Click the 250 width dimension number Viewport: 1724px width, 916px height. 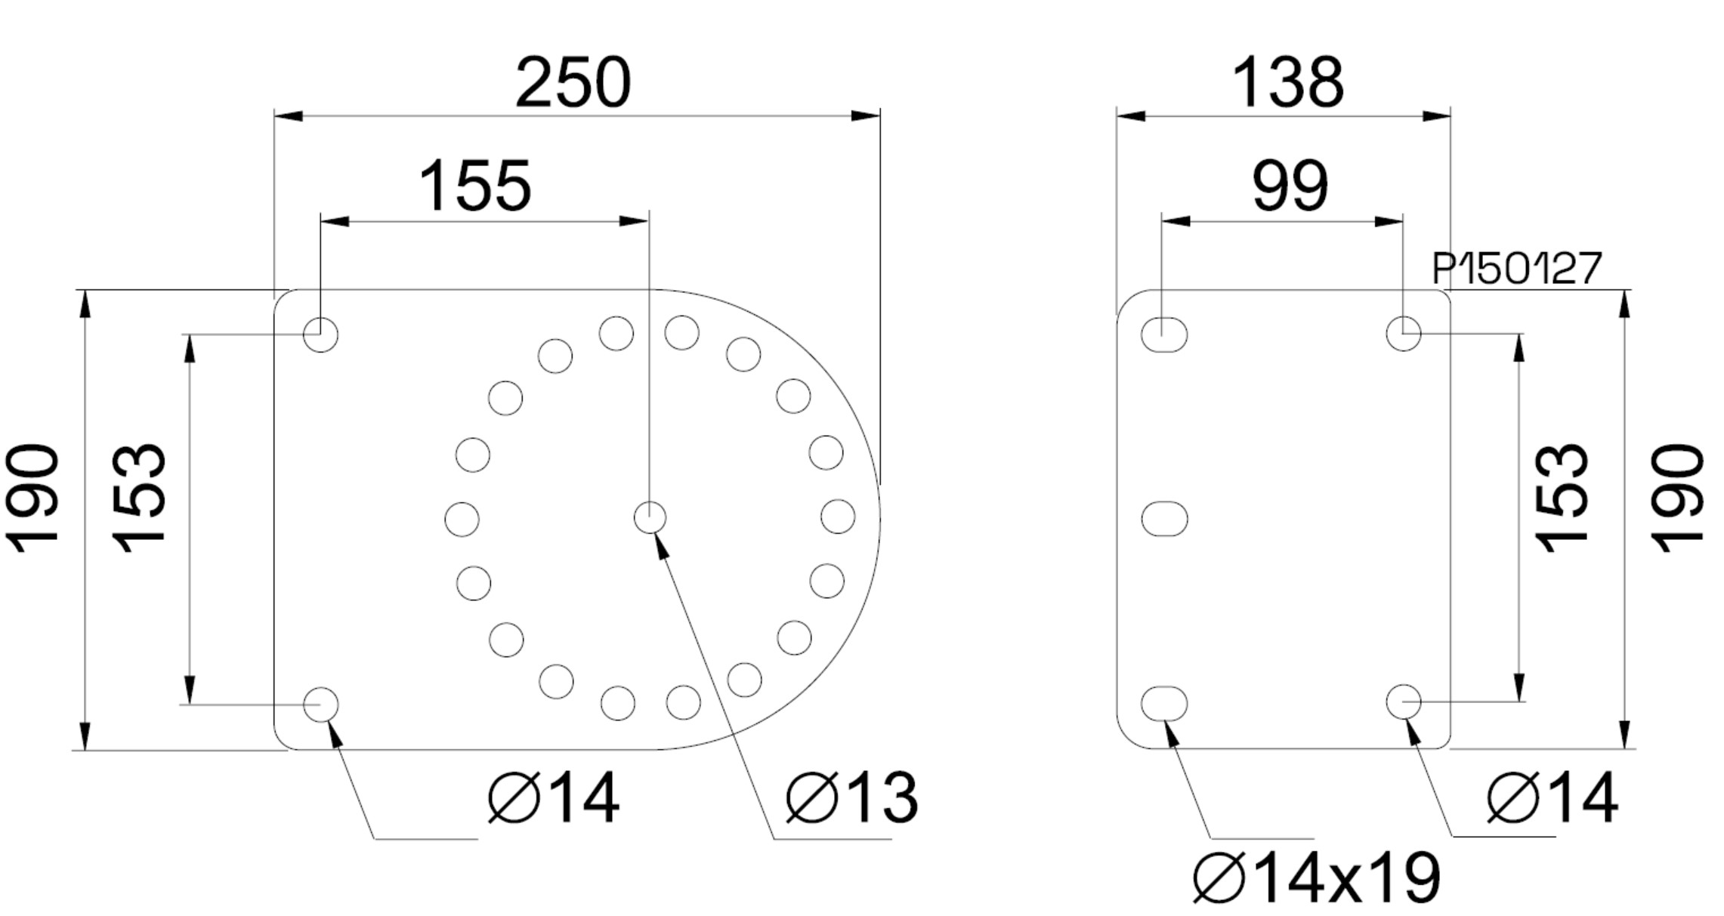(573, 82)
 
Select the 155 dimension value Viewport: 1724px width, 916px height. (474, 186)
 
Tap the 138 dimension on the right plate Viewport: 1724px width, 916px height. (1287, 82)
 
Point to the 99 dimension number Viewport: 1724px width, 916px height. (1290, 186)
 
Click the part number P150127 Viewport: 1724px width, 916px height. (1516, 269)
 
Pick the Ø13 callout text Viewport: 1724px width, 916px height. (852, 797)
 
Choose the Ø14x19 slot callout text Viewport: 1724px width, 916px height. (1317, 878)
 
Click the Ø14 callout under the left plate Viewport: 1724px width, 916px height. (554, 797)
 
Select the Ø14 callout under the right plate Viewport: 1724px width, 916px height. (1553, 797)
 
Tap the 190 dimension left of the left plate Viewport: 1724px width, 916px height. (32, 498)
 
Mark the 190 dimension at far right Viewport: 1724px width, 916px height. (1678, 498)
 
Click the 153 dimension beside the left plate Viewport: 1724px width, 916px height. (139, 498)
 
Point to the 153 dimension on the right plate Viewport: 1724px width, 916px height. (1562, 498)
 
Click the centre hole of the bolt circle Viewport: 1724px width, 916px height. (650, 518)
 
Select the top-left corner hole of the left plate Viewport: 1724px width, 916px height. (320, 334)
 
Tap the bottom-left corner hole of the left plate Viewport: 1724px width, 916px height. (320, 705)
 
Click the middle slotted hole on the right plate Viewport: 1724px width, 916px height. (1164, 519)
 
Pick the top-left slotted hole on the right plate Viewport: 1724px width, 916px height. (1164, 335)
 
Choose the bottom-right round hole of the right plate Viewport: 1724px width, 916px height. (1404, 702)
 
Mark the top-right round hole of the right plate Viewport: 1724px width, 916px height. (1404, 334)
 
